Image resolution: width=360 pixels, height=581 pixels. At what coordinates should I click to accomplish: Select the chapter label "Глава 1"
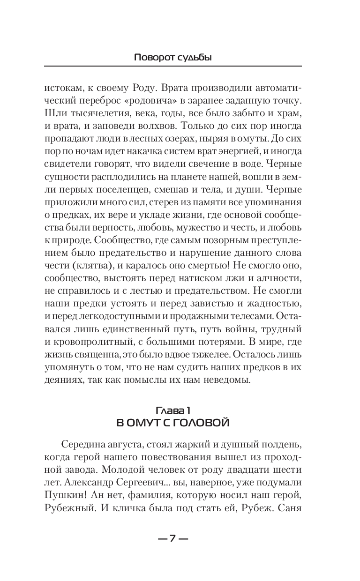tap(172, 411)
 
